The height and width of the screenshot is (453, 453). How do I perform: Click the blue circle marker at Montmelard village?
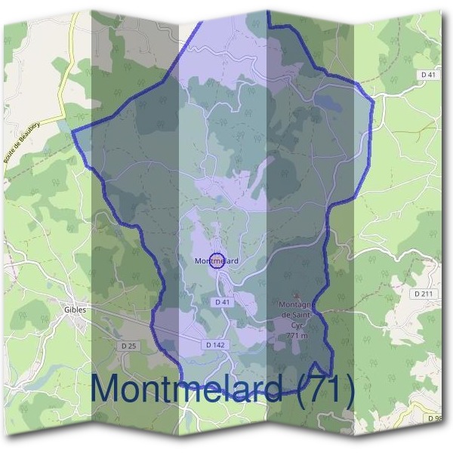[217, 261]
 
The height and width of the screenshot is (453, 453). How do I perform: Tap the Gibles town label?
[75, 310]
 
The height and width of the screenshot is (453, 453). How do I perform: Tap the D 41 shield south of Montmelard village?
[222, 302]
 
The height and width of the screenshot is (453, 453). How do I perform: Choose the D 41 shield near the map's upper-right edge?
[428, 75]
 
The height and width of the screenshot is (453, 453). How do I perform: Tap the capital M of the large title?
[109, 390]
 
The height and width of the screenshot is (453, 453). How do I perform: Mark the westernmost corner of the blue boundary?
[72, 131]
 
